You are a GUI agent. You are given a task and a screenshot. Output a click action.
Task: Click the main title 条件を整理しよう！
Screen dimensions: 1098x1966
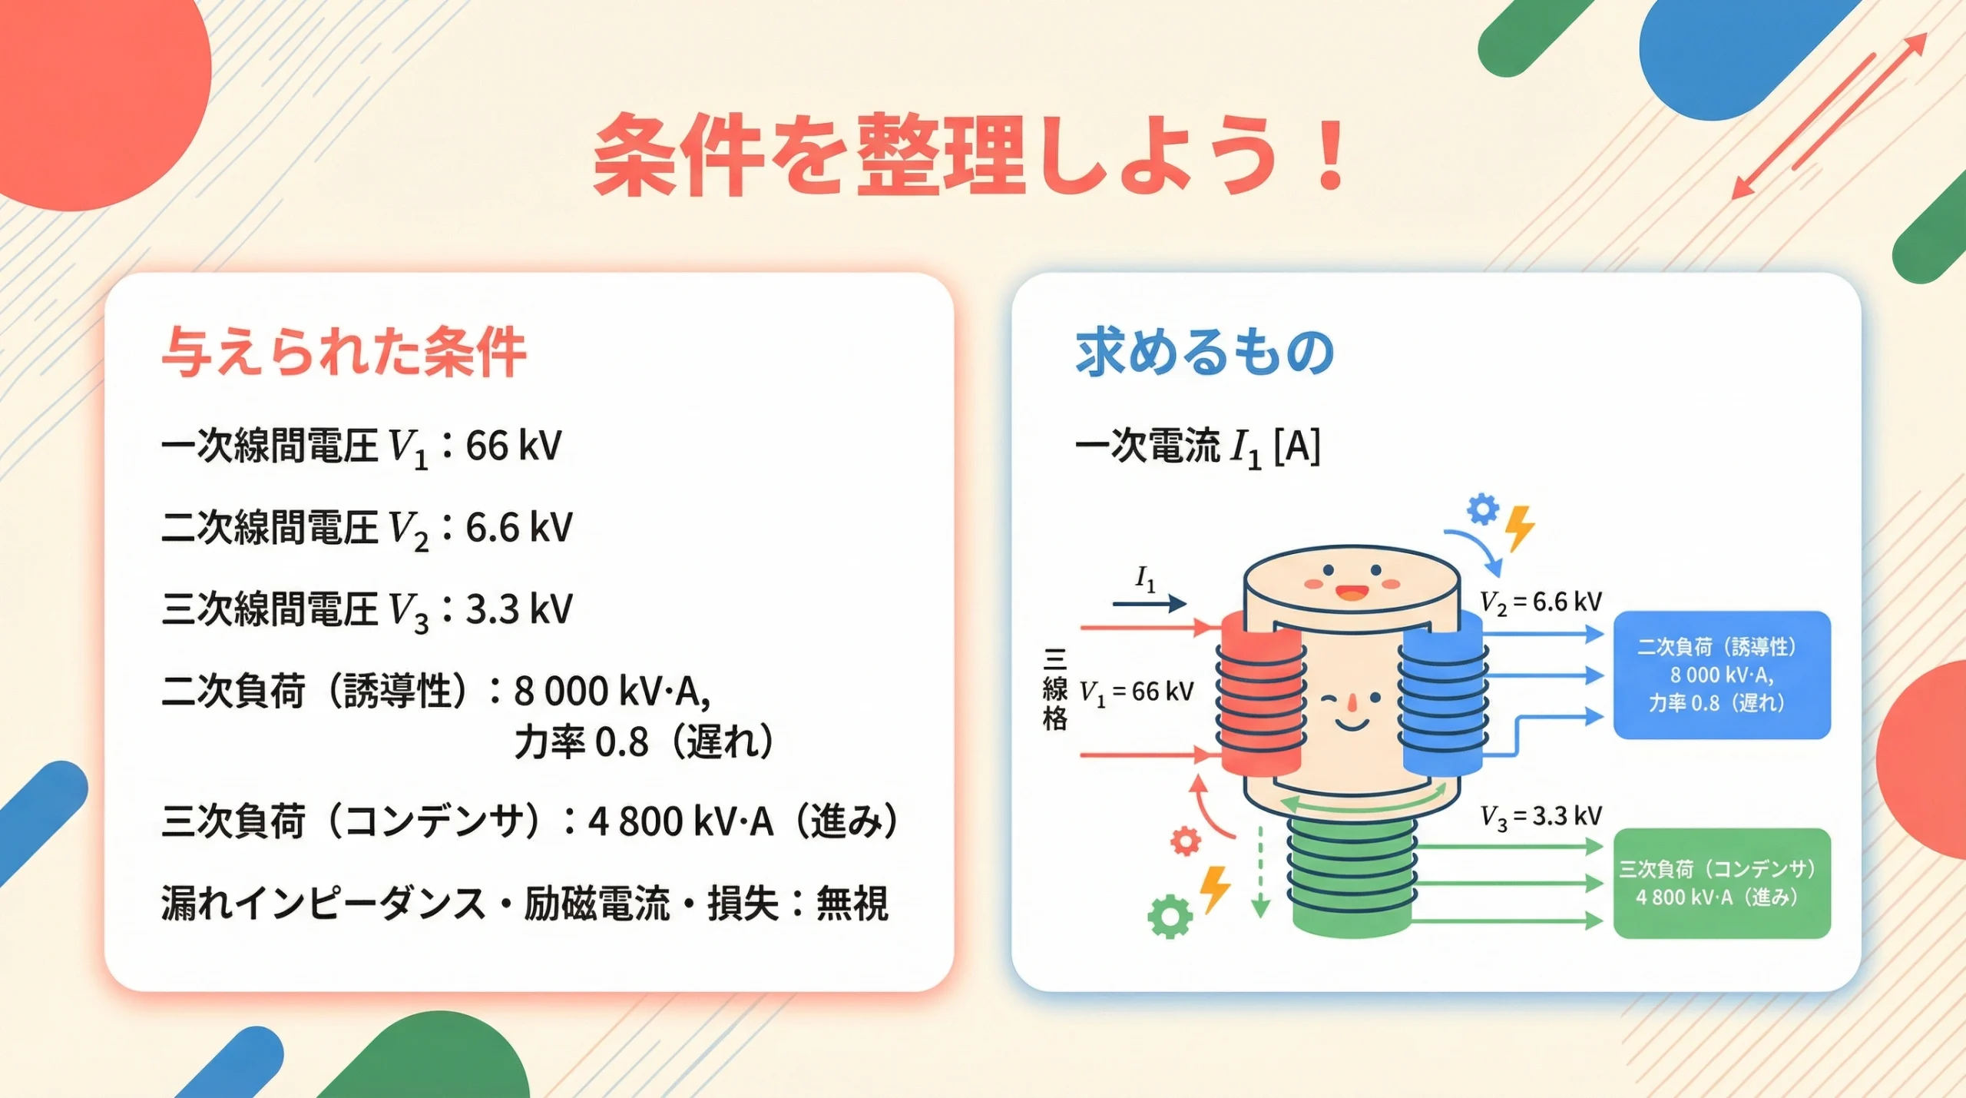tap(969, 154)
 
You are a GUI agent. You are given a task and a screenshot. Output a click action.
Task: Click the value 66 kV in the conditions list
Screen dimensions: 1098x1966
tap(513, 446)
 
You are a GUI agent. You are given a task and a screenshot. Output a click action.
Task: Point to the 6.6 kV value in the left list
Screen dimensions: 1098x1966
tap(519, 528)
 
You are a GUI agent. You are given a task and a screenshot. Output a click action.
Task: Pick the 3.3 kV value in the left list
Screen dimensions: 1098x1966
tap(519, 609)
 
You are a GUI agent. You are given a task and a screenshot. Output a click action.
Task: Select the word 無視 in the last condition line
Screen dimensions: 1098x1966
tap(852, 903)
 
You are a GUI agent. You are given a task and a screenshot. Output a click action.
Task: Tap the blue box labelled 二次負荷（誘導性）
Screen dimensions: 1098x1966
tap(1722, 675)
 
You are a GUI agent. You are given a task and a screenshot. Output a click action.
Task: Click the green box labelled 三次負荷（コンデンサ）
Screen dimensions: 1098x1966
tap(1722, 883)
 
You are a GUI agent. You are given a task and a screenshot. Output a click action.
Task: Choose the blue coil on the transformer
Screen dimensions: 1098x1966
tap(1442, 695)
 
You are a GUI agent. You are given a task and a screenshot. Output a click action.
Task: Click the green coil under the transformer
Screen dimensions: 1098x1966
tap(1352, 876)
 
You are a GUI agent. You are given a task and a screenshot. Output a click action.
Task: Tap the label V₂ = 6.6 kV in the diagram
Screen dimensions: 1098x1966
tap(1541, 602)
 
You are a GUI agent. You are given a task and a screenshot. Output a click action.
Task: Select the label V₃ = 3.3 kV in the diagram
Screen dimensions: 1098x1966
tap(1541, 817)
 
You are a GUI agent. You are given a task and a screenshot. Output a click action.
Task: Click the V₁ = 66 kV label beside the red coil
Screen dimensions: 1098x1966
tap(1137, 692)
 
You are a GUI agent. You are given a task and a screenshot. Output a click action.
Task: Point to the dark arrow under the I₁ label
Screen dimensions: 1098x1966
tap(1149, 605)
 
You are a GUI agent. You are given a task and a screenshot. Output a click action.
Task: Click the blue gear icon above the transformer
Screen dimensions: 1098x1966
tap(1482, 509)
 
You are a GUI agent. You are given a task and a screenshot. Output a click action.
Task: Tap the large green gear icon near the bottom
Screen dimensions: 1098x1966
tap(1170, 916)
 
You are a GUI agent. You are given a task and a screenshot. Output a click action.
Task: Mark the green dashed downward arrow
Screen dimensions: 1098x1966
tap(1260, 872)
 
